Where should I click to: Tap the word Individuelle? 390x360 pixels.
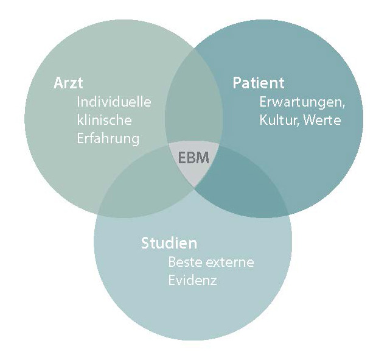(x=114, y=102)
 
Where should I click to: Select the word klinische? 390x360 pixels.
(x=104, y=120)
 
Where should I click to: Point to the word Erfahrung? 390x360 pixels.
(x=108, y=138)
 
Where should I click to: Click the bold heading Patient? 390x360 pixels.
(x=259, y=83)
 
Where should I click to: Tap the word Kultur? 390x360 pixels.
(x=277, y=120)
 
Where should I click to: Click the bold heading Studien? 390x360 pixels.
(x=169, y=244)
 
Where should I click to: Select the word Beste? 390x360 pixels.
(x=184, y=263)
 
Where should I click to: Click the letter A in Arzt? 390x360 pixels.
(x=57, y=83)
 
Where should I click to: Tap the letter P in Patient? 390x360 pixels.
(x=237, y=83)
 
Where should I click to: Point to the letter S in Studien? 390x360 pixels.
(x=145, y=244)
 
